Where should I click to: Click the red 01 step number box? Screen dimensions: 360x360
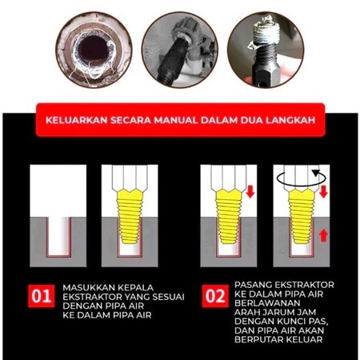click(42, 296)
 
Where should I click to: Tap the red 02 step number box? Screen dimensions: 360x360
click(215, 296)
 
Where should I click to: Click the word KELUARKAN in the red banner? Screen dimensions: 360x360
click(77, 120)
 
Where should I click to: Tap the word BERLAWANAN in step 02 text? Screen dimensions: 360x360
click(267, 303)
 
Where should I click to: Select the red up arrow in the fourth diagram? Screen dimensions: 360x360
click(323, 235)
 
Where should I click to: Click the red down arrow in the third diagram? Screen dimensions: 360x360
click(250, 191)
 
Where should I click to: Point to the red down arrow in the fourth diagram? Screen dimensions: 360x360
click(323, 191)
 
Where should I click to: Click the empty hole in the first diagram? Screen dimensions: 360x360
click(58, 236)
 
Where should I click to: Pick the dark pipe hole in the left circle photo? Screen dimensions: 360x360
click(94, 50)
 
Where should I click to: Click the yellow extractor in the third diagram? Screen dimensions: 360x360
click(229, 216)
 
